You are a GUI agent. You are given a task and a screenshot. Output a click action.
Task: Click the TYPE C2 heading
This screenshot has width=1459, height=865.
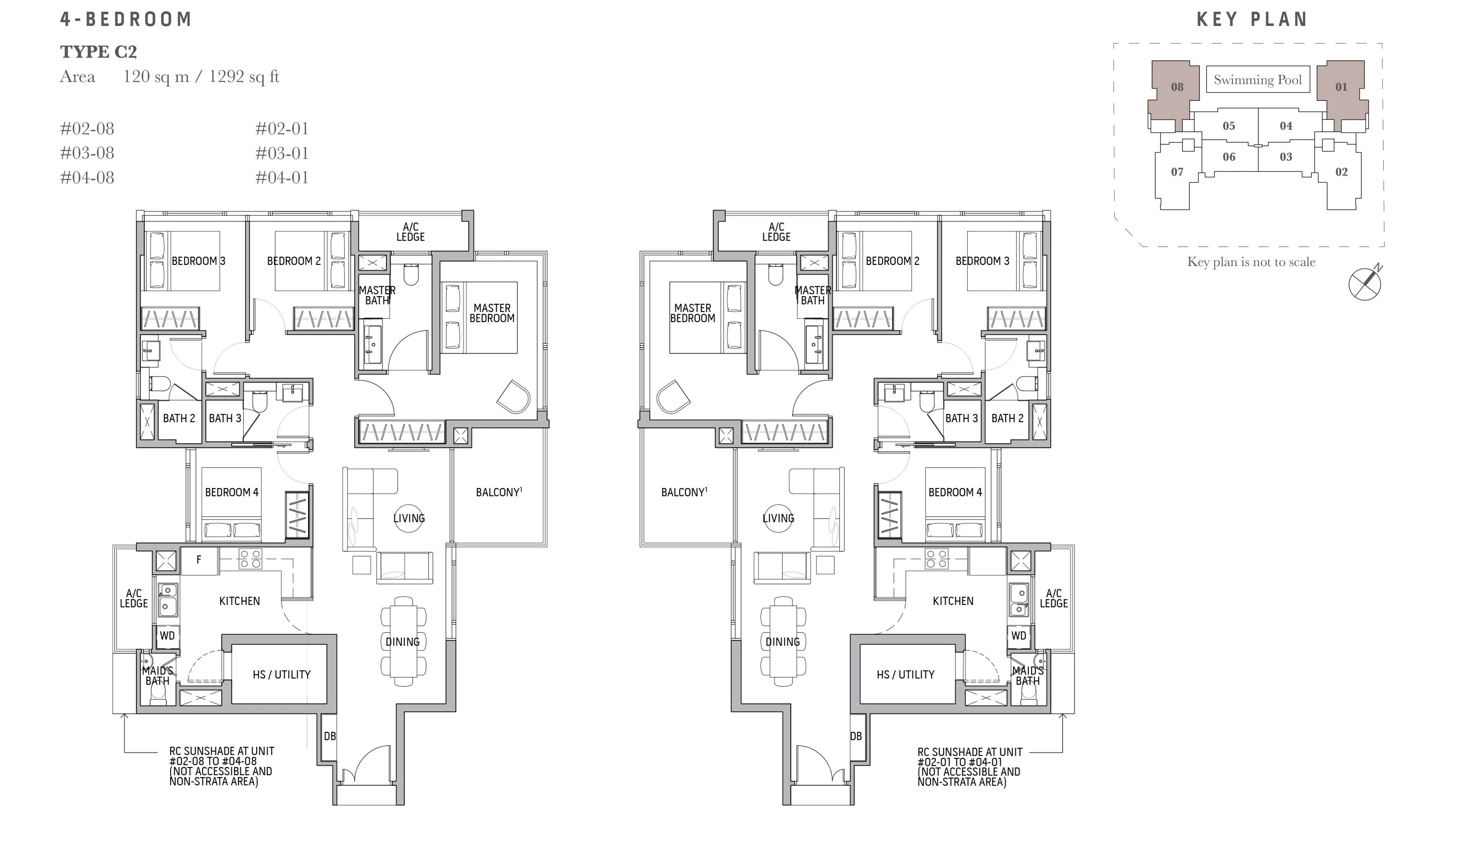(x=98, y=52)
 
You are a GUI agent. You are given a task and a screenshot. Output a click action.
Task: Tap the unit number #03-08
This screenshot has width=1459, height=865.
(x=87, y=153)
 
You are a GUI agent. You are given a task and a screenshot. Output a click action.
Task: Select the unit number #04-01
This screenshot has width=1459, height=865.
(x=282, y=178)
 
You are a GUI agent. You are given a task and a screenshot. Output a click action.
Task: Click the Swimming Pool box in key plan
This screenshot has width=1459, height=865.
(x=1257, y=80)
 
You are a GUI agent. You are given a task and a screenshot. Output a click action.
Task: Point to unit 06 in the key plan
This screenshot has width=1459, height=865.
(x=1229, y=157)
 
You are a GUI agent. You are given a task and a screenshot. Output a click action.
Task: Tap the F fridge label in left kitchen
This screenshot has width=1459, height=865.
(x=199, y=560)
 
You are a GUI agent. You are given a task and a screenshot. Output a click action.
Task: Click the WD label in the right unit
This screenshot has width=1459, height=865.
(x=1019, y=636)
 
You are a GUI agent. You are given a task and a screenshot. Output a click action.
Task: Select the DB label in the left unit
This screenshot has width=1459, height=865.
(x=330, y=736)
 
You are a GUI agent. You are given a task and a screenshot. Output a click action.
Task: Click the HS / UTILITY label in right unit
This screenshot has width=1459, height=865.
(x=905, y=674)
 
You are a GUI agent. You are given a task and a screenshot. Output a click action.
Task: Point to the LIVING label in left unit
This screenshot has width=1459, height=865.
(x=409, y=518)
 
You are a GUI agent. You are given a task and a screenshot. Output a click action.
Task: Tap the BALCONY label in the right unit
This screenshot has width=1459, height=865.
(x=684, y=493)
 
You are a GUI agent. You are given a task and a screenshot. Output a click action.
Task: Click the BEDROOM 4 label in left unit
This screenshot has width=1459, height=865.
(x=232, y=493)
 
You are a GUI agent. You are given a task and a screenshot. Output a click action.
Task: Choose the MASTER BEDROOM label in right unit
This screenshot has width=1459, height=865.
(x=693, y=313)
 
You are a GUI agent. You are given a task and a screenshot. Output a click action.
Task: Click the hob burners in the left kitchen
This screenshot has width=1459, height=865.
(x=250, y=559)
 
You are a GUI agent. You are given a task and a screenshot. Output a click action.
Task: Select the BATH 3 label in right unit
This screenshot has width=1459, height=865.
(x=961, y=419)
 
